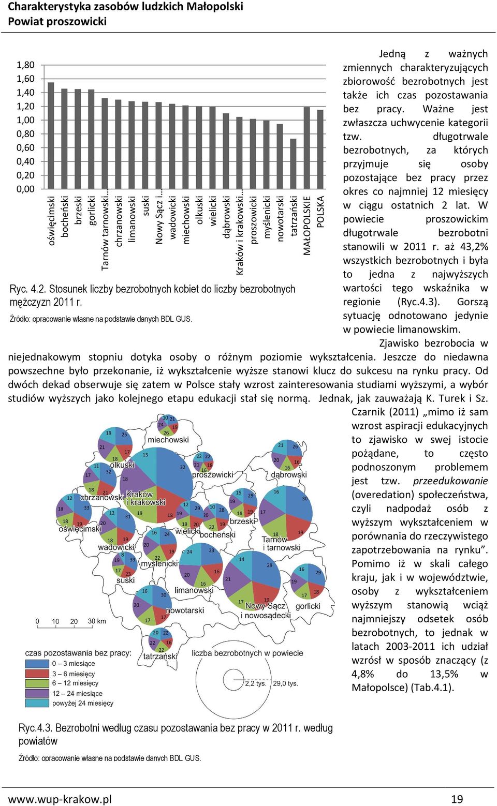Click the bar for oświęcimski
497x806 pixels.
51,136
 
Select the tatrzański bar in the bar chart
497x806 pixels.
293,163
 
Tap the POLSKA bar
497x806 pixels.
320,150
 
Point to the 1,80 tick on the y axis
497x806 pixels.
25,65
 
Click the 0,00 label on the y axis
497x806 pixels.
25,189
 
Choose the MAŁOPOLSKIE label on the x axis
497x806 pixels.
307,226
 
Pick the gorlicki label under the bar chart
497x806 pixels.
92,211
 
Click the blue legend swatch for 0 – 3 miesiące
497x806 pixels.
37,664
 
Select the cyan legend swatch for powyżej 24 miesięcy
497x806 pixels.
37,703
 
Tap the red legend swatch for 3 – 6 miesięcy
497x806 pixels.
37,673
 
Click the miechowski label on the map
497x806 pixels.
168,440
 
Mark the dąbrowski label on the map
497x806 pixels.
289,474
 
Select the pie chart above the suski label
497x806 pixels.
125,565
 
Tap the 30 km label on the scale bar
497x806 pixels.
97,621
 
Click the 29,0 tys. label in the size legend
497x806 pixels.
286,683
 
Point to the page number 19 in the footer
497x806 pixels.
457,799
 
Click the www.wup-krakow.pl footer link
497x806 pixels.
60,799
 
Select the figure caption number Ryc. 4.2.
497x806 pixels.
28,289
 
